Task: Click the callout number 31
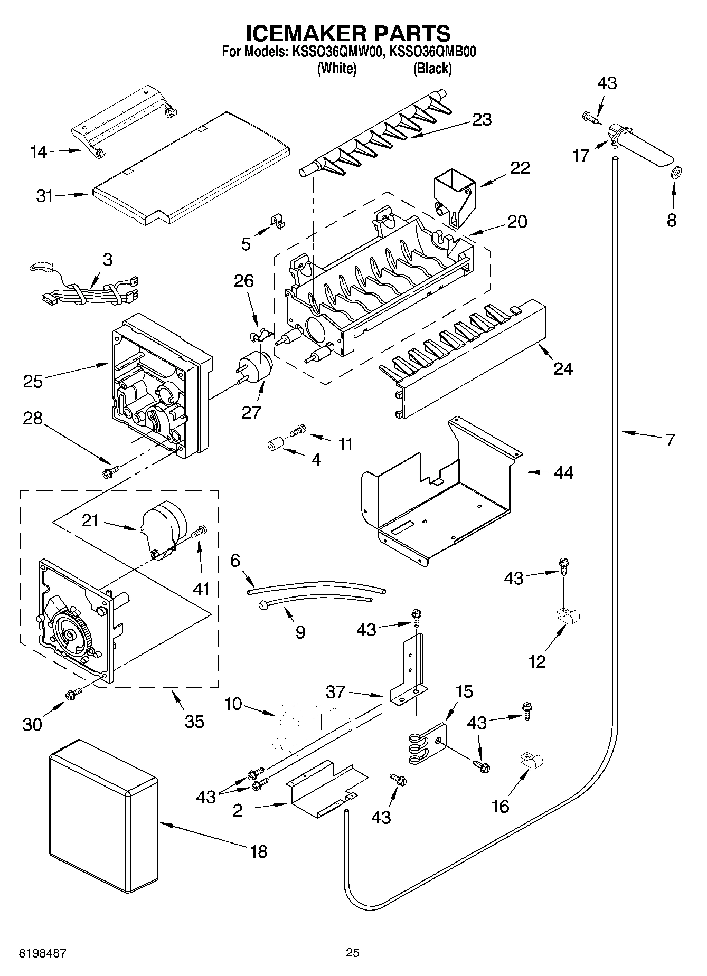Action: (45, 196)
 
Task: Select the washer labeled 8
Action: (675, 172)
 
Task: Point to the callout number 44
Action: (563, 472)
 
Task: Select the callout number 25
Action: (33, 381)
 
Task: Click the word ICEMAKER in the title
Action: (304, 33)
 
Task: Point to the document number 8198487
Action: (42, 953)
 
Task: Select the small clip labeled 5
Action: (277, 221)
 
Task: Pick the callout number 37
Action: (335, 691)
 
